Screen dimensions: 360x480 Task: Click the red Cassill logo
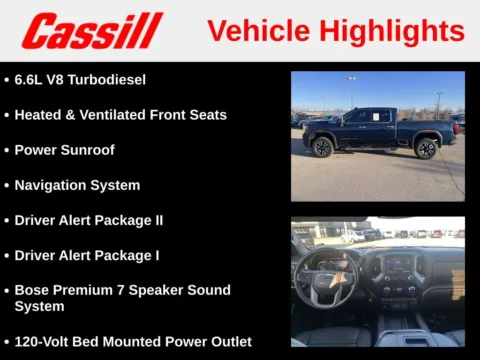pyautogui.click(x=92, y=31)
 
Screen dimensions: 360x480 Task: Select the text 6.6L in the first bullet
pyautogui.click(x=31, y=79)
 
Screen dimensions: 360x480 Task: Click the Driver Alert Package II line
pyautogui.click(x=88, y=220)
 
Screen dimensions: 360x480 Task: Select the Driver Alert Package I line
pyautogui.click(x=86, y=255)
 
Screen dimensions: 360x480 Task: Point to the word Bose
pyautogui.click(x=32, y=290)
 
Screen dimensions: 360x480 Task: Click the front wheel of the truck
pyautogui.click(x=322, y=147)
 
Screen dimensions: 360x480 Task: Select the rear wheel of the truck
pyautogui.click(x=426, y=148)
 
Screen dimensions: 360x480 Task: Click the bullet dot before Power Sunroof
pyautogui.click(x=7, y=151)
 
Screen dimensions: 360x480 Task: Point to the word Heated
pyautogui.click(x=39, y=115)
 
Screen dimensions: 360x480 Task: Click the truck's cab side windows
pyautogui.click(x=371, y=116)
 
